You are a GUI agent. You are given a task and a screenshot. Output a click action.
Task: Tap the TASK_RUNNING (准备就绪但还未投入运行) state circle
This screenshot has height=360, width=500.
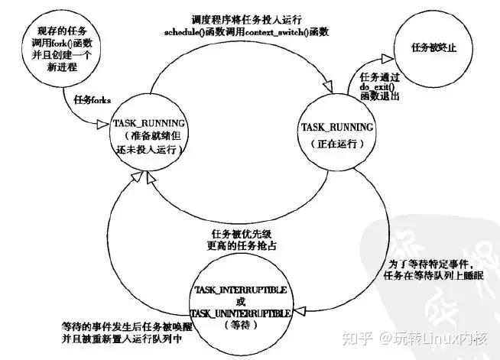[x=146, y=138]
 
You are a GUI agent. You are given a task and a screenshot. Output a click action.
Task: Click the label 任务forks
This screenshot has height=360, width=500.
[x=93, y=100]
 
